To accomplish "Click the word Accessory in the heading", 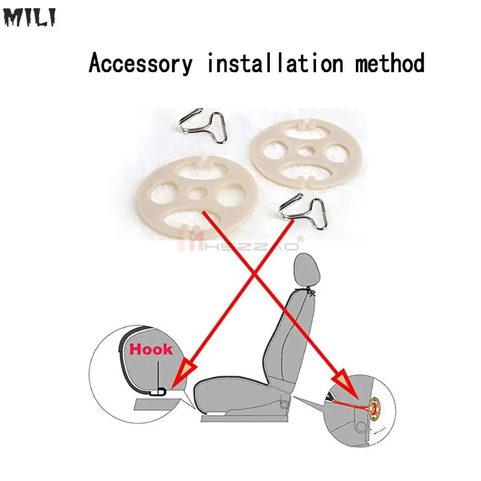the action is click(140, 64).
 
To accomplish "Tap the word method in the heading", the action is click(390, 64).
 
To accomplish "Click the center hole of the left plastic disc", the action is click(196, 193).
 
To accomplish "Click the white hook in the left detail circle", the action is click(157, 392).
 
